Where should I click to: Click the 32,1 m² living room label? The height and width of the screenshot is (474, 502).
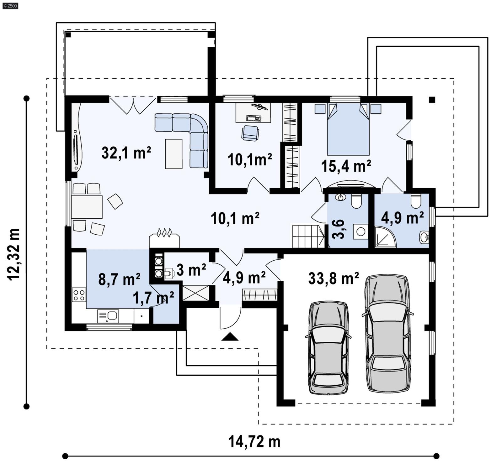point(126,153)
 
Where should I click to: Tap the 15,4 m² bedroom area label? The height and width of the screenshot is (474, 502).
point(346,166)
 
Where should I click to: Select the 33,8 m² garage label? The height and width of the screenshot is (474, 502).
point(334,278)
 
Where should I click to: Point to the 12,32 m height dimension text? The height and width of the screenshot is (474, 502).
point(14,254)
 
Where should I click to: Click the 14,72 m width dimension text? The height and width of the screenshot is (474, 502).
point(254,442)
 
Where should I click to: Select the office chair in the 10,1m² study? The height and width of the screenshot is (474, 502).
point(250,133)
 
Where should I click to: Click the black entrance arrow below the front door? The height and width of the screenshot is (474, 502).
point(230,337)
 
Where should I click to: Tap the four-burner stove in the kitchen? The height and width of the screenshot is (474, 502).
point(79,295)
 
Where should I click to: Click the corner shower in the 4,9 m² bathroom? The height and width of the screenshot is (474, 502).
point(384,237)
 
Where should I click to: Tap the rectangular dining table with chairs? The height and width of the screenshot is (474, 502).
point(87,207)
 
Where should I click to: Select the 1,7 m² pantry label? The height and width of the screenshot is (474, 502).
point(153,298)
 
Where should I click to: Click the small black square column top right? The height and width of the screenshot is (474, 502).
point(432,100)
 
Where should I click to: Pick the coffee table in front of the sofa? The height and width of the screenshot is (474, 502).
point(174,154)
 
